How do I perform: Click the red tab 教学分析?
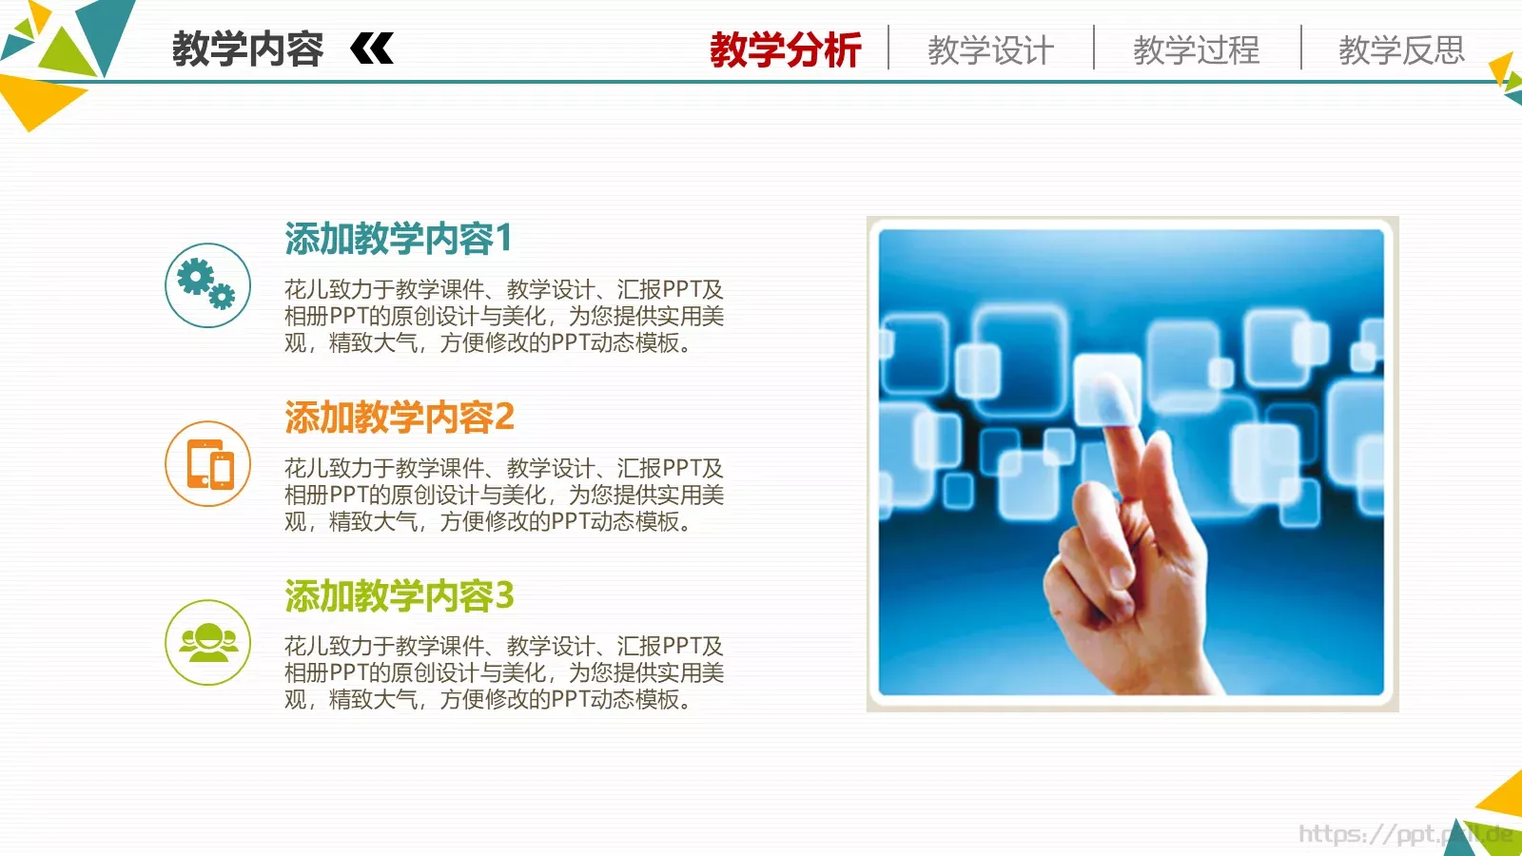pyautogui.click(x=785, y=49)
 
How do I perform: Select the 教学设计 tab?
pyautogui.click(x=990, y=49)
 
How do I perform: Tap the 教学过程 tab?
pyautogui.click(x=1196, y=49)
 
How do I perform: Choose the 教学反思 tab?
pyautogui.click(x=1401, y=49)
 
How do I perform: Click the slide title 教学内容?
pyautogui.click(x=247, y=49)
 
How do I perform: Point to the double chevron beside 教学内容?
pyautogui.click(x=372, y=49)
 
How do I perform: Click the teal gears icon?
pyautogui.click(x=207, y=285)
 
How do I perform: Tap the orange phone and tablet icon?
pyautogui.click(x=207, y=464)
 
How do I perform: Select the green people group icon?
pyautogui.click(x=207, y=642)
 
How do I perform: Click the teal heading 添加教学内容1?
pyautogui.click(x=398, y=239)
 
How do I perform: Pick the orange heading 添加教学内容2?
pyautogui.click(x=399, y=418)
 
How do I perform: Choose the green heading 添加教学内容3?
pyautogui.click(x=399, y=596)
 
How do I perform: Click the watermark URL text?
pyautogui.click(x=1404, y=834)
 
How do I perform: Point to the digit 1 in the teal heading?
pyautogui.click(x=503, y=238)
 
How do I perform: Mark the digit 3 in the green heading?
pyautogui.click(x=504, y=596)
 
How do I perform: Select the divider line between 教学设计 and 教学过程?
pyautogui.click(x=1094, y=48)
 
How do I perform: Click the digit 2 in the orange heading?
pyautogui.click(x=504, y=418)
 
